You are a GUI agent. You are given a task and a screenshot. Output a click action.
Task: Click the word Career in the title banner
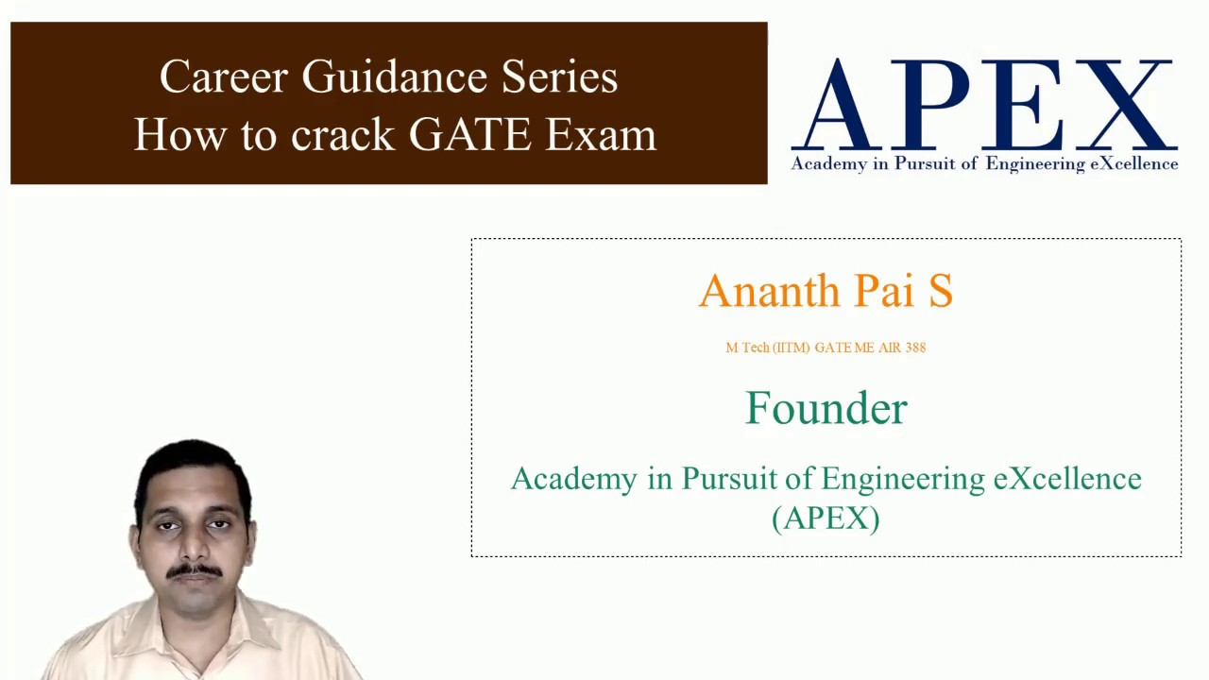[x=223, y=76]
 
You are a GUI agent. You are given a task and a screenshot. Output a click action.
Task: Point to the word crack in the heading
[x=342, y=135]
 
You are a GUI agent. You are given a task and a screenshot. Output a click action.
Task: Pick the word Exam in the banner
[x=601, y=135]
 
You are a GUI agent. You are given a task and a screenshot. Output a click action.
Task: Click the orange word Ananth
[x=769, y=291]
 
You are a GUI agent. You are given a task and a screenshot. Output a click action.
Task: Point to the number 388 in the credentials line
[x=915, y=348]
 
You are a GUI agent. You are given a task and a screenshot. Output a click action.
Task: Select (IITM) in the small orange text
[x=792, y=348]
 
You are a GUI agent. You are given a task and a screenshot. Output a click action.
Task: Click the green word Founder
[x=826, y=408]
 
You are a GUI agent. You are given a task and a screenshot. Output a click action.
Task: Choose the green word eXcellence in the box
[x=1067, y=479]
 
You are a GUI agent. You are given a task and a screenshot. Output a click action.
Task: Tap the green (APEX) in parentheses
[x=826, y=518]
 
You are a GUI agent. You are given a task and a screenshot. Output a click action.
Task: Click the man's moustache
[x=195, y=570]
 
